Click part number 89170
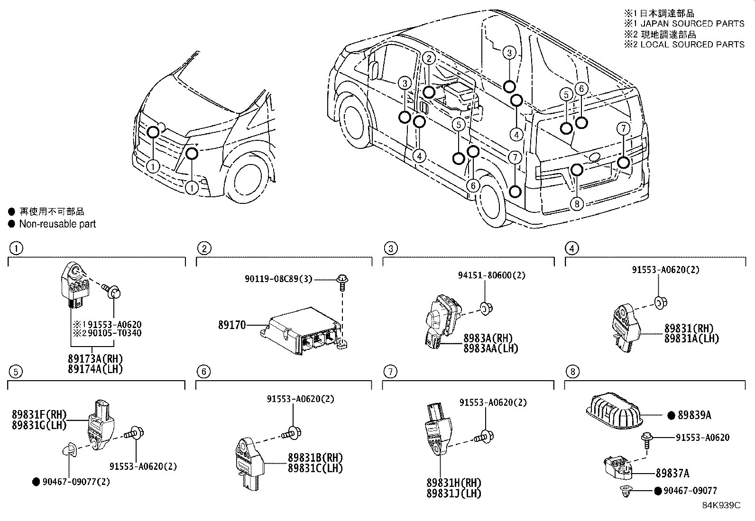(x=232, y=325)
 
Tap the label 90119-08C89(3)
(x=279, y=279)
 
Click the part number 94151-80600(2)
(x=491, y=275)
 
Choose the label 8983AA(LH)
(x=490, y=348)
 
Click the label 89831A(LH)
(x=691, y=338)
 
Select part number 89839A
(x=694, y=415)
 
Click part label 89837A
(x=672, y=473)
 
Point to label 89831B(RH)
(x=315, y=458)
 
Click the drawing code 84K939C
(x=721, y=505)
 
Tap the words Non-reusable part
(x=57, y=224)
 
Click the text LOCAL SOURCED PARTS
(x=692, y=45)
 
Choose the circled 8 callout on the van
(x=576, y=204)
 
